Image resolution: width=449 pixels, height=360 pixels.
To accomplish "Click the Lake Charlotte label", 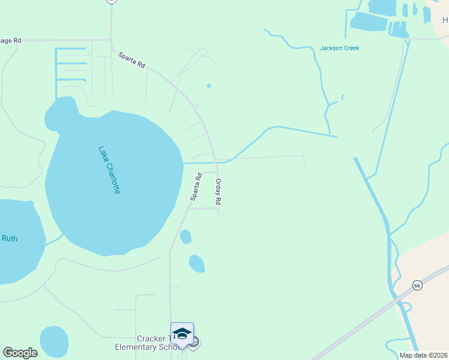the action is click(110, 170).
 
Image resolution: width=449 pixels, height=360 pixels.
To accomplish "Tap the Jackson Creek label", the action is click(340, 48).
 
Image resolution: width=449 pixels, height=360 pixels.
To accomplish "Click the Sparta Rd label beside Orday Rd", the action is click(196, 186).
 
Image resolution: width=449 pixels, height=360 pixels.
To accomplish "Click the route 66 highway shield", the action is click(418, 285).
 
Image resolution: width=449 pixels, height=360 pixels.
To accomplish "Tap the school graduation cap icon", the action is click(181, 334).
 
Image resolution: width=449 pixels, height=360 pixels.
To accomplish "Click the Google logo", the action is click(20, 352).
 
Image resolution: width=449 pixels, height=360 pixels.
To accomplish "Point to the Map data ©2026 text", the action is click(423, 355).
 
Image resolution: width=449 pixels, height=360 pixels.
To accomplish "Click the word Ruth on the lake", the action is click(10, 238).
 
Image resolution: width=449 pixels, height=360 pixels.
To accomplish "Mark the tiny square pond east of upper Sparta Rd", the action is click(209, 86).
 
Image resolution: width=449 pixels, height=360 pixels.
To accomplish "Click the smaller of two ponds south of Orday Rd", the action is click(185, 236).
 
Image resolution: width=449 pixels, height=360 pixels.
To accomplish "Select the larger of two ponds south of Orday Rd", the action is click(196, 263).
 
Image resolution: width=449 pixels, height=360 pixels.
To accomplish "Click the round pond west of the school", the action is click(53, 341).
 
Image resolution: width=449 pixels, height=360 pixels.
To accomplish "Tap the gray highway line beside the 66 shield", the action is click(372, 317).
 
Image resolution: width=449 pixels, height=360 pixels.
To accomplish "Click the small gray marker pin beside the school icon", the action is click(194, 343).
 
